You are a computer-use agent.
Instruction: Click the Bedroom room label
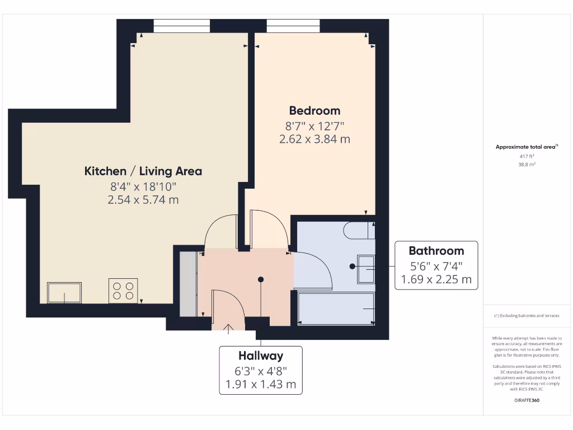(314, 110)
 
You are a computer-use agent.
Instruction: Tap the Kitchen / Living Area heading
(143, 171)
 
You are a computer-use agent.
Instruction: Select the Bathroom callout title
(436, 251)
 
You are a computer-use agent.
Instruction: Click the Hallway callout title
(261, 356)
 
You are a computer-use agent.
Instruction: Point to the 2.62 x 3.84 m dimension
(314, 139)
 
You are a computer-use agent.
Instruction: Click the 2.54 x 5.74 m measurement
(143, 199)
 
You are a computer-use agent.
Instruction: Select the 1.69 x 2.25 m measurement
(436, 279)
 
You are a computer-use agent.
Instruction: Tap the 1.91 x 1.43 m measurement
(261, 385)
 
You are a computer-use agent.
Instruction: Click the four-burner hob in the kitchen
(123, 291)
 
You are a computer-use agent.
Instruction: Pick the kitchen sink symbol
(64, 292)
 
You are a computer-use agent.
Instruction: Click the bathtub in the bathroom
(336, 308)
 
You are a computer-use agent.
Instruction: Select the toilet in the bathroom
(360, 230)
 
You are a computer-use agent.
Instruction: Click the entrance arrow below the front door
(228, 329)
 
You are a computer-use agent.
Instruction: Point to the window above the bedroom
(293, 26)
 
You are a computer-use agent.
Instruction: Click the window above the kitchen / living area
(182, 26)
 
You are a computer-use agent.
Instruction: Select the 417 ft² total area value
(527, 156)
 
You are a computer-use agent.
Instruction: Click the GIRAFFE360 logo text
(527, 401)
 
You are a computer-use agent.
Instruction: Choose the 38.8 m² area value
(527, 165)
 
